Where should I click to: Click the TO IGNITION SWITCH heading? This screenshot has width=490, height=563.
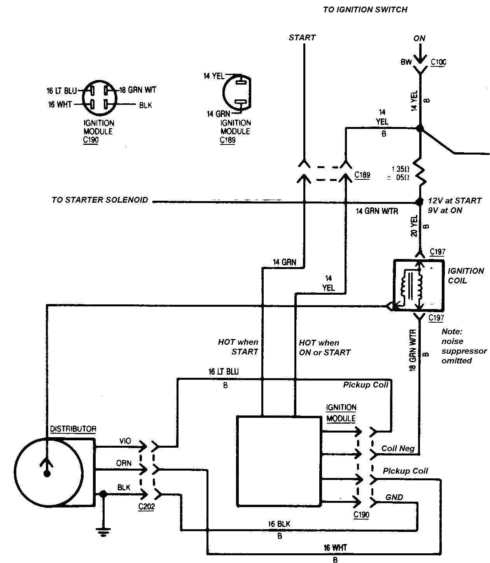[x=365, y=10]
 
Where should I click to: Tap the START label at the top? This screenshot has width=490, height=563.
[x=302, y=38]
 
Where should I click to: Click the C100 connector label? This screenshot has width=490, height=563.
[x=438, y=62]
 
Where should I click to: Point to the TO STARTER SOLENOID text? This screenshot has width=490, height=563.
[x=100, y=200]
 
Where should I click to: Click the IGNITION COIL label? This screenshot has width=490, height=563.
[x=465, y=276]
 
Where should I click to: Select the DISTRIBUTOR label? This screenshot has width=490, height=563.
[x=73, y=429]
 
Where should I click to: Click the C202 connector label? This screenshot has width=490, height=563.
[x=146, y=507]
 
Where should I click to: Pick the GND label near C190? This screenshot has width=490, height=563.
[x=394, y=497]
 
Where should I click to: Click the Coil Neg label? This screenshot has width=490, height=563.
[x=397, y=448]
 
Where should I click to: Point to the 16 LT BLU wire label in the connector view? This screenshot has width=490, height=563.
[x=61, y=91]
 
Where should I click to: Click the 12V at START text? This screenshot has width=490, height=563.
[x=455, y=201]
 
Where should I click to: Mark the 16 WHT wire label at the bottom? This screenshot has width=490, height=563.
[x=335, y=548]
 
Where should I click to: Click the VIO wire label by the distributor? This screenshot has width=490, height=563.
[x=125, y=441]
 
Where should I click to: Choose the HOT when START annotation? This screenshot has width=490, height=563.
[x=238, y=347]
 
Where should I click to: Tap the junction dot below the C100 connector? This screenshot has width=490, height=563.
[x=420, y=129]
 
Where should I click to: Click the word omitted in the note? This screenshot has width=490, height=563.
[x=457, y=361]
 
